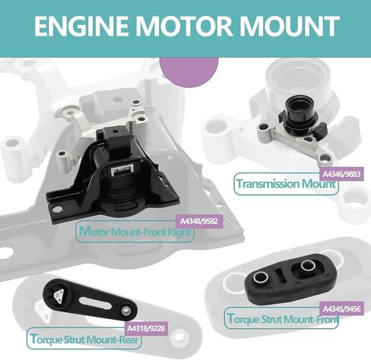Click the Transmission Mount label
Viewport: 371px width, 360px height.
(x=286, y=185)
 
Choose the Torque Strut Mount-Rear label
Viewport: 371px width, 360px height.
(x=78, y=337)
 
